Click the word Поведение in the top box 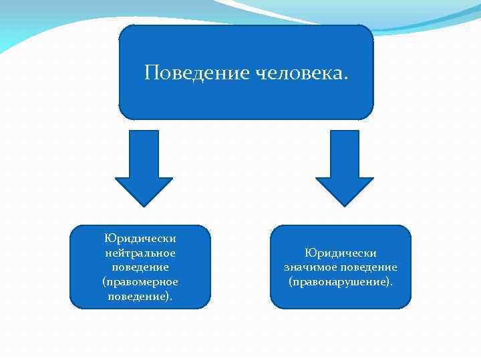197,71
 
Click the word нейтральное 140,253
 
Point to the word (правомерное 140,281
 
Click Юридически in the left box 140,239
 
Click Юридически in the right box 341,253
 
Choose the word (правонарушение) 341,282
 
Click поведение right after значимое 369,267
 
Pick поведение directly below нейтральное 140,267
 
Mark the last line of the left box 140,295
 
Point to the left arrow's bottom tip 144,204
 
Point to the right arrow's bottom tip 344,204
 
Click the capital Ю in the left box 108,239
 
